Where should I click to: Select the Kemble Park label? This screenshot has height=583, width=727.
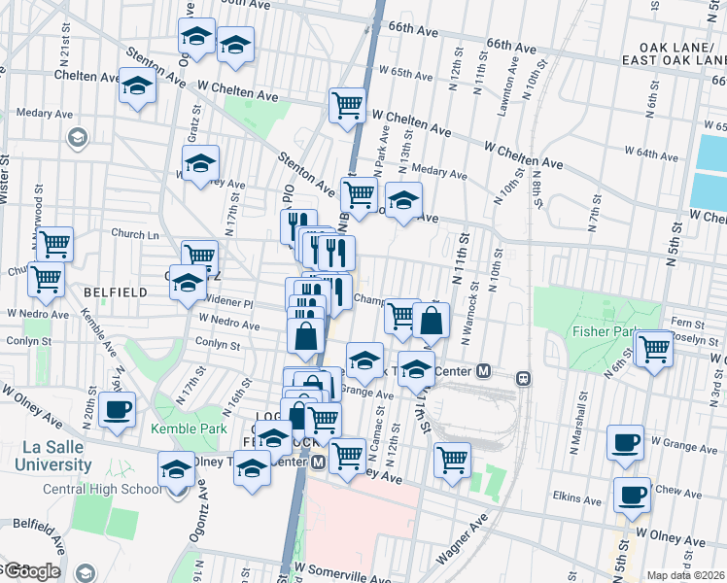click(189, 429)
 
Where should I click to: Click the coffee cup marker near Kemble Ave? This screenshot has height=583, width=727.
click(117, 410)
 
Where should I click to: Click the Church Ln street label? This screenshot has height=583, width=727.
click(134, 234)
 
